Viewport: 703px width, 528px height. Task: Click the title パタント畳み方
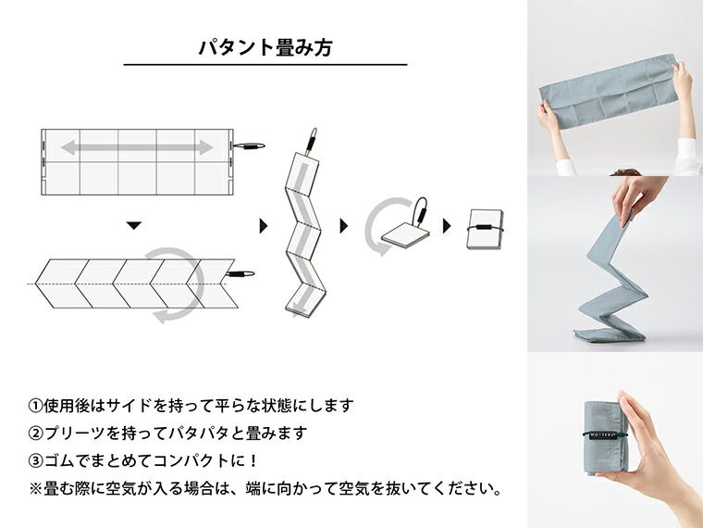click(265, 47)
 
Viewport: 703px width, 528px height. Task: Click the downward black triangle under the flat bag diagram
click(134, 225)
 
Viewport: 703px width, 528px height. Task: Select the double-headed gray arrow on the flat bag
click(137, 147)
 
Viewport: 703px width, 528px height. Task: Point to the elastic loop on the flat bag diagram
click(248, 146)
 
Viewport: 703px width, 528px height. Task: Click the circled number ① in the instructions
click(36, 406)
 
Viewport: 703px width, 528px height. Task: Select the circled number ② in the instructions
click(36, 433)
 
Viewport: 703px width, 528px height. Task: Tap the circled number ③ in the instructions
click(36, 459)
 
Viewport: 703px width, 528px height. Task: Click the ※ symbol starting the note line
click(36, 487)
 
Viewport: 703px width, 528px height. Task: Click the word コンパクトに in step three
click(205, 459)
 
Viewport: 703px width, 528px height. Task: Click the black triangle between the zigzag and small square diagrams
click(344, 226)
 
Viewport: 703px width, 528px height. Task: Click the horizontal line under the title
click(265, 65)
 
